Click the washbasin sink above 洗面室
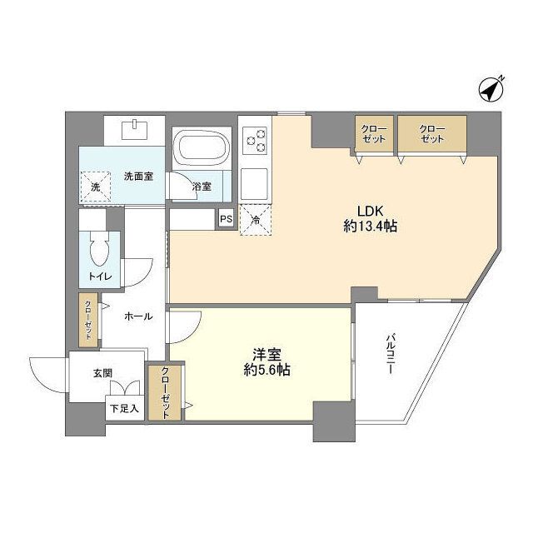point(134,130)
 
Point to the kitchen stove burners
point(255,140)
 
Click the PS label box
point(225,219)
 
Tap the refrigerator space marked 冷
point(256,220)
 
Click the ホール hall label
point(137,316)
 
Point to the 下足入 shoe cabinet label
point(124,409)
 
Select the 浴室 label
point(202,187)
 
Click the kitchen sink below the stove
point(255,180)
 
